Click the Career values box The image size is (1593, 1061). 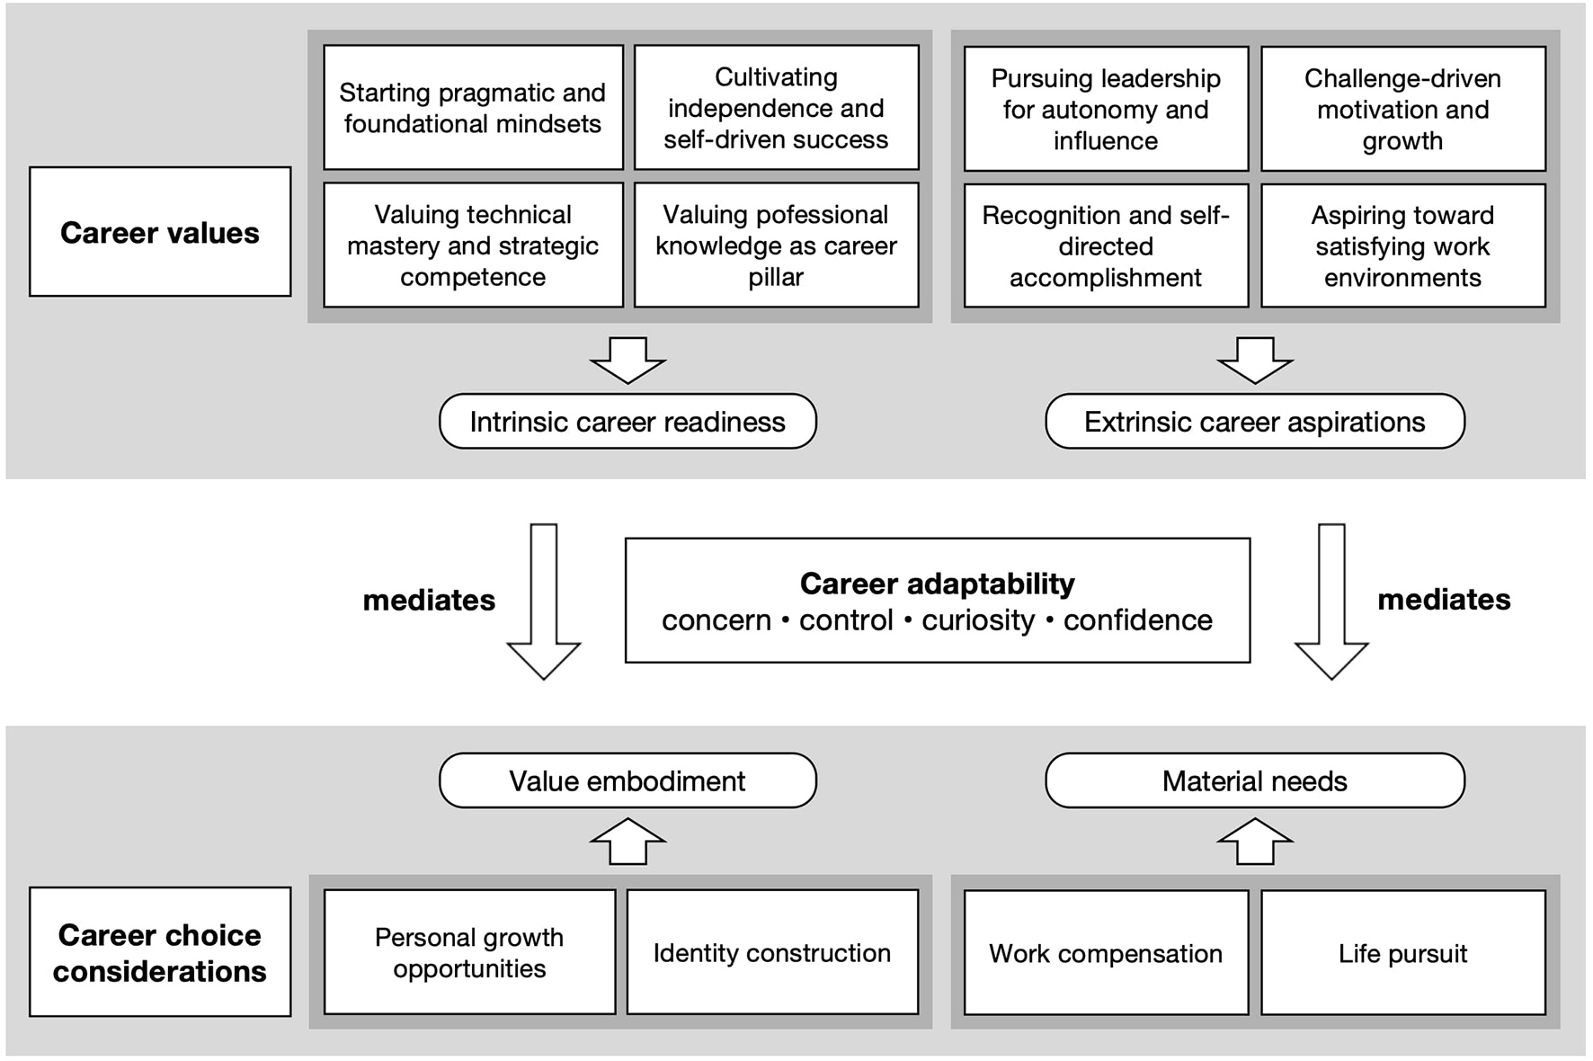point(160,232)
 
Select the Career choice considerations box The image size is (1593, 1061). point(160,952)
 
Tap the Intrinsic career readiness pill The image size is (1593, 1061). point(627,422)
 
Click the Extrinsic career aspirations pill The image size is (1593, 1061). point(1254,422)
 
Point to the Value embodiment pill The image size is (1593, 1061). point(627,780)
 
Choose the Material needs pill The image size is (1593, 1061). point(1254,780)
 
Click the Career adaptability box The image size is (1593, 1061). point(937,601)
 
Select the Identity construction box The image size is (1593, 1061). point(772,952)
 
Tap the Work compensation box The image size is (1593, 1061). point(1106,953)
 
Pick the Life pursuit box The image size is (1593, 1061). point(1402,953)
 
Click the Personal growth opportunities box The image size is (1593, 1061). point(469,952)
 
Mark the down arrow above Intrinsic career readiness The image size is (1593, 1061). point(627,360)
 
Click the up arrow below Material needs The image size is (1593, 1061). point(1254,842)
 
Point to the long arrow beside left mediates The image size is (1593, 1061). point(544,601)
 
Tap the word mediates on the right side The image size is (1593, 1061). point(1444,600)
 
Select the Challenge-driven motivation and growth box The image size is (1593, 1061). point(1402,109)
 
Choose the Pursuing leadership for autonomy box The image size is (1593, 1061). point(1106,109)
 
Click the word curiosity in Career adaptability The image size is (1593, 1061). point(978,620)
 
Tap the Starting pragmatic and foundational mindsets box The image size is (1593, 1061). point(473,108)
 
